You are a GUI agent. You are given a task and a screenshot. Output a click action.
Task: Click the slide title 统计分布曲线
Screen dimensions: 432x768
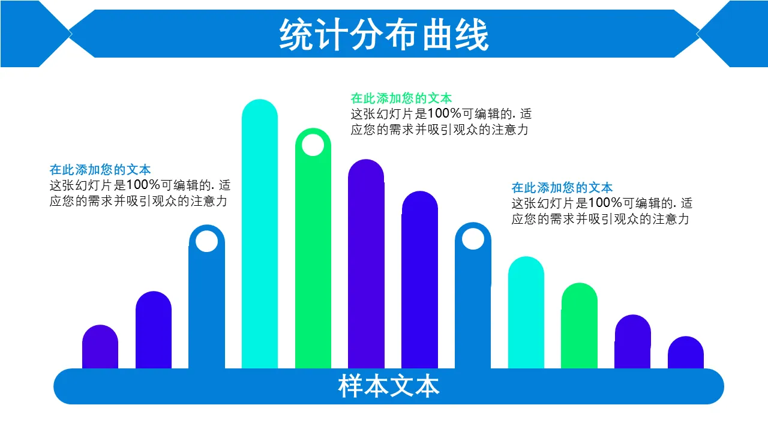384,35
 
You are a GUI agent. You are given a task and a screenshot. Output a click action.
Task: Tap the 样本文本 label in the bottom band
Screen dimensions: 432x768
388,386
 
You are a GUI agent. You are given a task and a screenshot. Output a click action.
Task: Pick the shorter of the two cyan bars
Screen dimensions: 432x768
526,313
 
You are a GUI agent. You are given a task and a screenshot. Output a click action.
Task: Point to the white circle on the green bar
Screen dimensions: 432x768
313,145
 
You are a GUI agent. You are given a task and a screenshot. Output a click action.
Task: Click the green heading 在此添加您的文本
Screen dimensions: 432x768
401,98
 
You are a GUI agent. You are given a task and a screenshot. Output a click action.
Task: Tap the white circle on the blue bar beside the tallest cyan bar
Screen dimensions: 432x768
207,241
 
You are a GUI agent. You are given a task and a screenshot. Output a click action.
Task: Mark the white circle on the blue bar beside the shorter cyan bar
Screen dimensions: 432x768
473,239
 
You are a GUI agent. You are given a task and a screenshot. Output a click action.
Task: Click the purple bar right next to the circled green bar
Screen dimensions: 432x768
366,264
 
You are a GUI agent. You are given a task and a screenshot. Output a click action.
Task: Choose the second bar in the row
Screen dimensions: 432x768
154,330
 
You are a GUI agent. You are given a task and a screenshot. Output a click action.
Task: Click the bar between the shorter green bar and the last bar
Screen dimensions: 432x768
632,342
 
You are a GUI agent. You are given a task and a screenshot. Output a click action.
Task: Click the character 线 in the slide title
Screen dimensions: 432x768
473,35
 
